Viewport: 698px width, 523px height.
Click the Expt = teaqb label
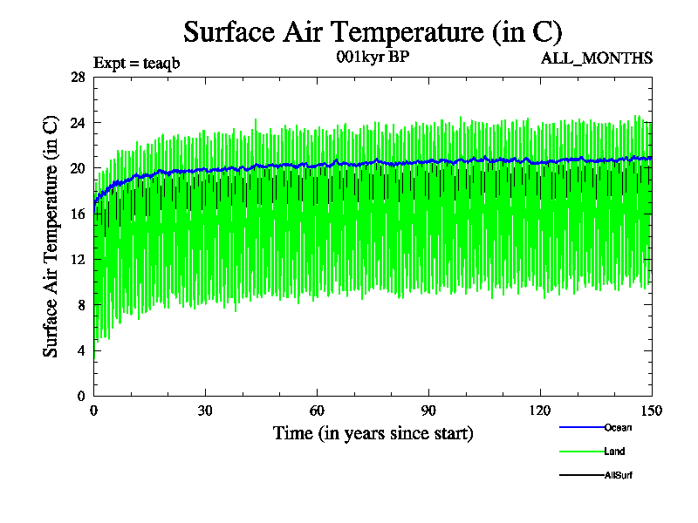136,63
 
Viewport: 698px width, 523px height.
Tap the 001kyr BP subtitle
373,58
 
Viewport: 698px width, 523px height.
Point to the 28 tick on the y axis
78,78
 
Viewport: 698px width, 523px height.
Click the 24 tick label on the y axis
78,123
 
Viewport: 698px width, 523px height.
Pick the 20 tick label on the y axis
78,168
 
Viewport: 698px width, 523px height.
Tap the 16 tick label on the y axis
78,214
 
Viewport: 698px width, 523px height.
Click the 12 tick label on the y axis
78,260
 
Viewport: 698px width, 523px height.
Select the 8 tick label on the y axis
81,305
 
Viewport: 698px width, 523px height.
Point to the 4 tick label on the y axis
81,350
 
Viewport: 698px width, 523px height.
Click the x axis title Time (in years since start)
373,433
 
